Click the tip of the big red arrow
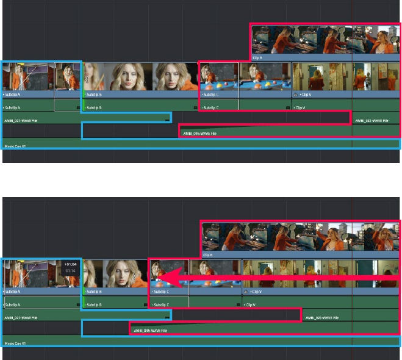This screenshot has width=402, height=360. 158,279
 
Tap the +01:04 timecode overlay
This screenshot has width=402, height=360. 70,264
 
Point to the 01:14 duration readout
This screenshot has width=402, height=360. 70,270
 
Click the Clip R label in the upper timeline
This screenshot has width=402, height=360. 257,58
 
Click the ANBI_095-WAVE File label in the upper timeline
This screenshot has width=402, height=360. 199,133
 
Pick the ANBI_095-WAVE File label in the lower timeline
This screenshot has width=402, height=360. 150,331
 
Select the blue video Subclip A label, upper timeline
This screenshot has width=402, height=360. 12,95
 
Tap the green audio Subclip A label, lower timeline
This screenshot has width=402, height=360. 12,304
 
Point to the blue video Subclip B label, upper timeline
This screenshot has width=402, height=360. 93,95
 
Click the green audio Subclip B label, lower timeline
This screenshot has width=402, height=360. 93,304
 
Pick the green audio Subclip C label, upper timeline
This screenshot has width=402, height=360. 210,107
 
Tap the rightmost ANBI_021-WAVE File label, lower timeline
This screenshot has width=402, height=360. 321,318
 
